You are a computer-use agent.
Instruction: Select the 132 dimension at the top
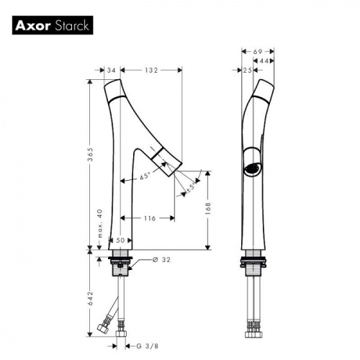(x=150, y=70)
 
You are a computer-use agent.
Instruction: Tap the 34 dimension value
(x=111, y=70)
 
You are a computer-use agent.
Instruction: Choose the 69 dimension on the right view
(x=257, y=52)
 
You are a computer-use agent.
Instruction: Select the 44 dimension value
(x=264, y=62)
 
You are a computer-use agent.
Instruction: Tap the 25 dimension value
(x=247, y=70)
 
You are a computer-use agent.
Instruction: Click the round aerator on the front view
(x=251, y=170)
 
